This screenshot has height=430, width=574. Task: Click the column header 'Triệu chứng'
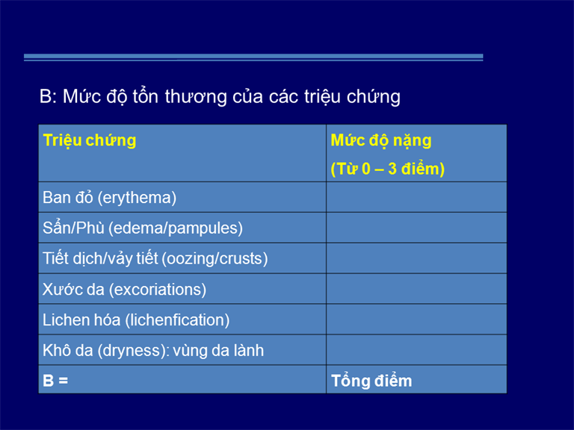pyautogui.click(x=90, y=141)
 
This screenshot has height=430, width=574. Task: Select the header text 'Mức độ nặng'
pyautogui.click(x=380, y=141)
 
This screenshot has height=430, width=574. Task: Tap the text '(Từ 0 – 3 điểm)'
pyautogui.click(x=387, y=169)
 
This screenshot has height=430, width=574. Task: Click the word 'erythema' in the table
pyautogui.click(x=138, y=198)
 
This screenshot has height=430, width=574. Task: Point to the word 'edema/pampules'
pyautogui.click(x=176, y=228)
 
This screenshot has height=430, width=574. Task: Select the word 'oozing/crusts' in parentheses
pyautogui.click(x=215, y=259)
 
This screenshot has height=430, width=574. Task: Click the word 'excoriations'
pyautogui.click(x=158, y=290)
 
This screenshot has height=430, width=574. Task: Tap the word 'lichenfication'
pyautogui.click(x=178, y=320)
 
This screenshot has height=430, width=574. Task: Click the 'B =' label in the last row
pyautogui.click(x=55, y=380)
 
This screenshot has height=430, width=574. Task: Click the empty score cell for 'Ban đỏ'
pyautogui.click(x=416, y=197)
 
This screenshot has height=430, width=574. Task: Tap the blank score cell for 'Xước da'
pyautogui.click(x=416, y=289)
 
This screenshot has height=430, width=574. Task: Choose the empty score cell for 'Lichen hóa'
pyautogui.click(x=416, y=320)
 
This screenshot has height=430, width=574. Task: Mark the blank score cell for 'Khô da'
pyautogui.click(x=416, y=350)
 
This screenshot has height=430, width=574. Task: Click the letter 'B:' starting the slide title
pyautogui.click(x=48, y=97)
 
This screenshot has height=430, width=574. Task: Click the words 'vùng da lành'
pyautogui.click(x=218, y=351)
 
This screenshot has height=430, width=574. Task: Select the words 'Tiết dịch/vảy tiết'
pyautogui.click(x=100, y=259)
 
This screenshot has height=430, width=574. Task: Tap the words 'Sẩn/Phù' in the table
pyautogui.click(x=73, y=228)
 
